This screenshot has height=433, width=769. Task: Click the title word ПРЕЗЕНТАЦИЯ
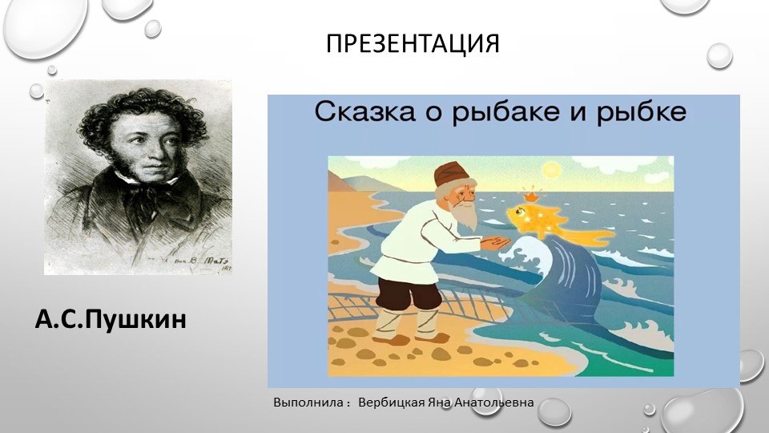413,43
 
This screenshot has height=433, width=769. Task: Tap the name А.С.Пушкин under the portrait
111,319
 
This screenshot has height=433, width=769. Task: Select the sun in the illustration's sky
552,170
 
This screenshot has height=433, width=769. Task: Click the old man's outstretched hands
497,241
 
